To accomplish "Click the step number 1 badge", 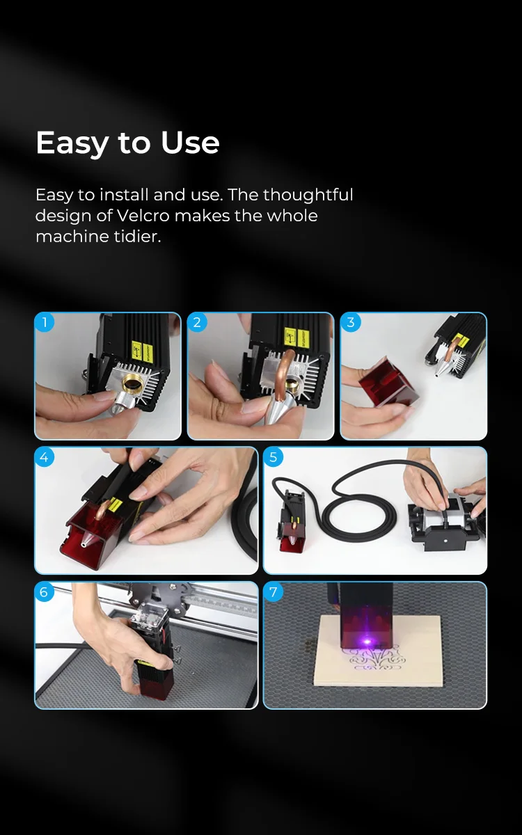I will pos(45,322).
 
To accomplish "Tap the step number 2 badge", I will pos(197,322).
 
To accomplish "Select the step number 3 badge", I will pos(350,322).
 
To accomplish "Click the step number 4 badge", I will pos(45,457).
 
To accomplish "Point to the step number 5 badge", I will pos(273,457).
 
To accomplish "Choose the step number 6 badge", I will pos(45,592).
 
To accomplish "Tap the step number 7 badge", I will pos(273,592).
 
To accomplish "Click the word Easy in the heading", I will pos(72,143).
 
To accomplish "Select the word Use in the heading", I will pos(190,143).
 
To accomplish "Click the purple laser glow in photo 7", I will pos(363,639).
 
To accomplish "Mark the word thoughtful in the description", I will pos(308,195).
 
